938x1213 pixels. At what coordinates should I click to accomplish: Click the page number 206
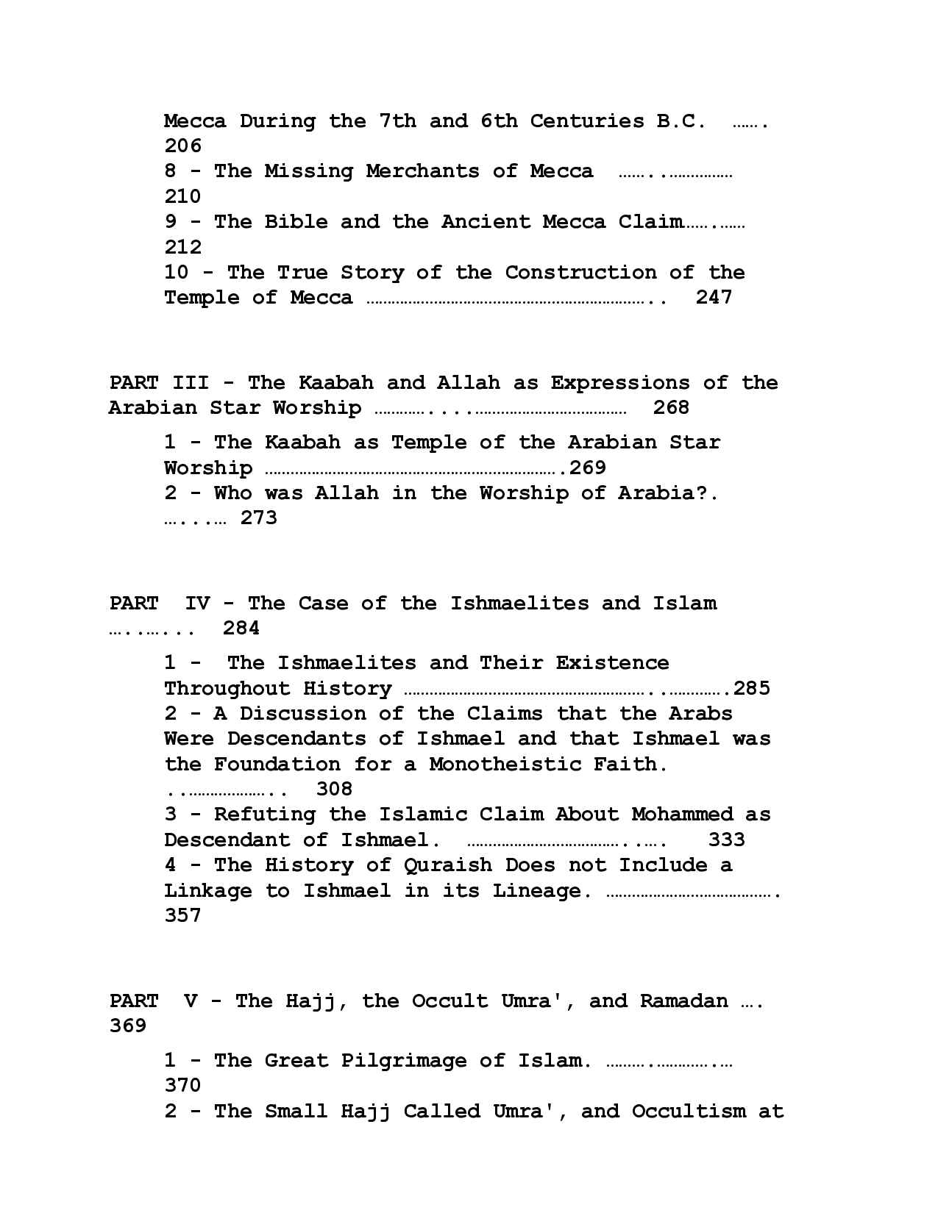point(182,146)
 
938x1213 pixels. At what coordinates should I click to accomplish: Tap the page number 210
point(182,196)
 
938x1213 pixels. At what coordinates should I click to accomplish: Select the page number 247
point(714,297)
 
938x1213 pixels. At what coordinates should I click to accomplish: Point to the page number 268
point(671,407)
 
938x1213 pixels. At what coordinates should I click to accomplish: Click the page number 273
point(259,518)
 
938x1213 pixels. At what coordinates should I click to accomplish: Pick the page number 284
point(241,628)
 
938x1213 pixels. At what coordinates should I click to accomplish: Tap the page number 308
point(334,789)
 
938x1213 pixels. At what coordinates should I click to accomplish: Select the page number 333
point(726,840)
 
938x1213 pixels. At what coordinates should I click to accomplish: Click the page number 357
point(182,915)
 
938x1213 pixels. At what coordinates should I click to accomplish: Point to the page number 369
point(128,1026)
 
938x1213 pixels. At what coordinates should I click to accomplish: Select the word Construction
point(580,273)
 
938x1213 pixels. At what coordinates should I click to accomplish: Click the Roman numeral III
point(191,383)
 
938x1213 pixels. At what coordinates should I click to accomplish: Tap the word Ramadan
point(683,1001)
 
